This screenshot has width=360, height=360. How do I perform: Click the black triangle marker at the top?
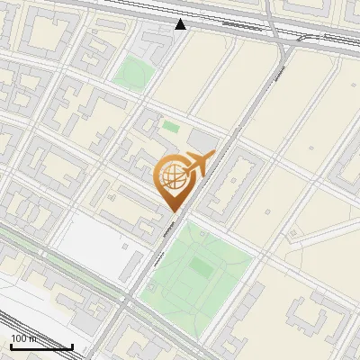tap(181, 24)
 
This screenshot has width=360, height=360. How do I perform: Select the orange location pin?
tap(173, 184)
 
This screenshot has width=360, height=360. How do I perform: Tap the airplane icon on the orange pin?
tap(197, 165)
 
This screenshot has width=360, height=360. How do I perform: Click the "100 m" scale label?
tap(23, 338)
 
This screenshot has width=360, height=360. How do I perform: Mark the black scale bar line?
tap(41, 346)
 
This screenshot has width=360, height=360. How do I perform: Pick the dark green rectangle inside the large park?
tap(201, 268)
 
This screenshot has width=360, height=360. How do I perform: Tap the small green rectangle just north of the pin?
tap(170, 127)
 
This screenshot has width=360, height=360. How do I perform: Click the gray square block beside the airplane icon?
tap(205, 143)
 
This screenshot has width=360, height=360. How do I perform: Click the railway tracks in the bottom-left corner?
tap(22, 324)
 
